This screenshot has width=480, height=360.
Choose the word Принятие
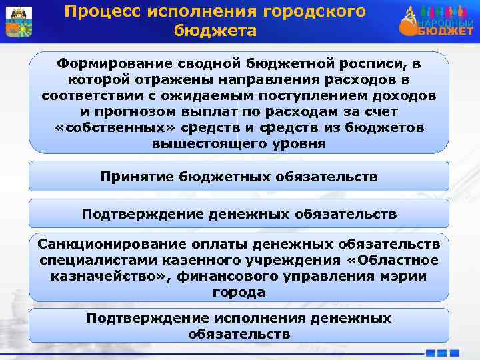137,177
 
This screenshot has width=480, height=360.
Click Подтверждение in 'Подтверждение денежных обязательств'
142,214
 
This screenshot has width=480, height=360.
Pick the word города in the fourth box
239,292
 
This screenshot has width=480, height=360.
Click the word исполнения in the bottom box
267,318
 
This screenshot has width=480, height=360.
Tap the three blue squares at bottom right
443,353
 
